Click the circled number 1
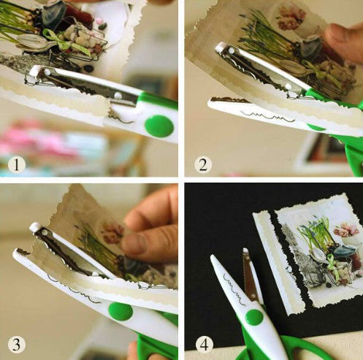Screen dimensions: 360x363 [x=17, y=164]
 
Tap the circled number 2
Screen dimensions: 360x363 [x=203, y=164]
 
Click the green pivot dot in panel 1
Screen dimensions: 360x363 [x=158, y=126]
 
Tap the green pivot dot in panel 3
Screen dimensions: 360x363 [x=121, y=311]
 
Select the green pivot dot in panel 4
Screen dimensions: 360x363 [x=253, y=316]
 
